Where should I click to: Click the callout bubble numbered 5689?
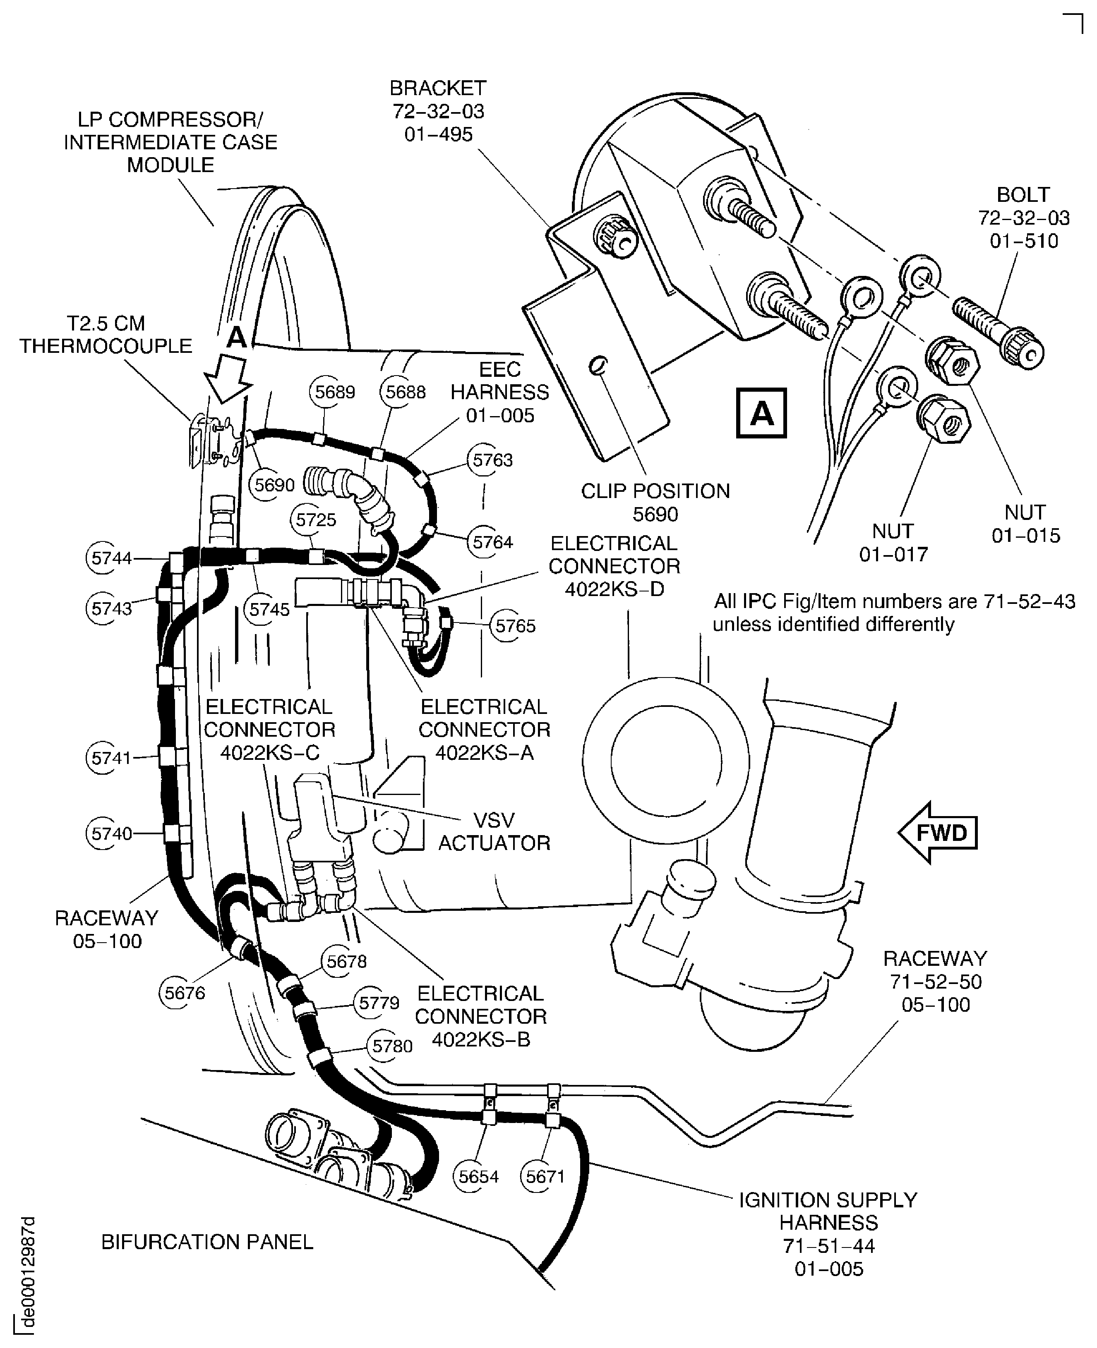[334, 392]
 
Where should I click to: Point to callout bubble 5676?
[185, 993]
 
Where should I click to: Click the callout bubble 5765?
[515, 626]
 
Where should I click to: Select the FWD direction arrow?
[938, 833]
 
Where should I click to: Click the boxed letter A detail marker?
[761, 414]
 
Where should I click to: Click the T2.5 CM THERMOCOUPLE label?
[106, 335]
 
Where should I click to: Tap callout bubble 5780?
[392, 1046]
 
